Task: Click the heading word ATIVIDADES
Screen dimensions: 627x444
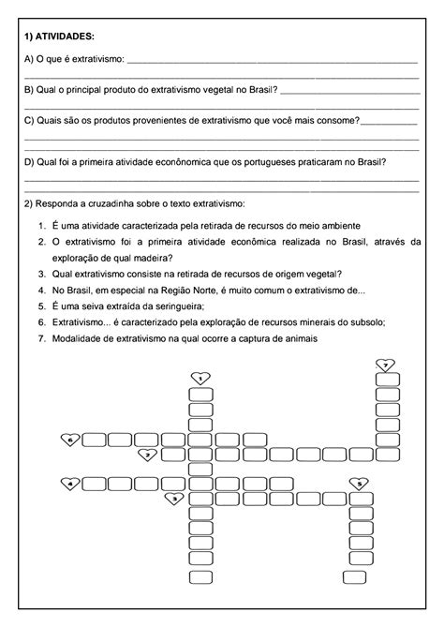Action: pyautogui.click(x=65, y=36)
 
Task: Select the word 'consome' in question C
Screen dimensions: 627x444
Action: pyautogui.click(x=337, y=121)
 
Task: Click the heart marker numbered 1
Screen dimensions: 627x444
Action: pyautogui.click(x=200, y=378)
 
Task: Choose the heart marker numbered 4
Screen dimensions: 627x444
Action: pyautogui.click(x=68, y=484)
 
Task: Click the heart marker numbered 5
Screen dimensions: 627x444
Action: pyautogui.click(x=359, y=484)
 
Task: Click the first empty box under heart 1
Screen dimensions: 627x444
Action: pyautogui.click(x=200, y=394)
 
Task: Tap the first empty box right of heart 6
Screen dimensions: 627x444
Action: pyautogui.click(x=95, y=439)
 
